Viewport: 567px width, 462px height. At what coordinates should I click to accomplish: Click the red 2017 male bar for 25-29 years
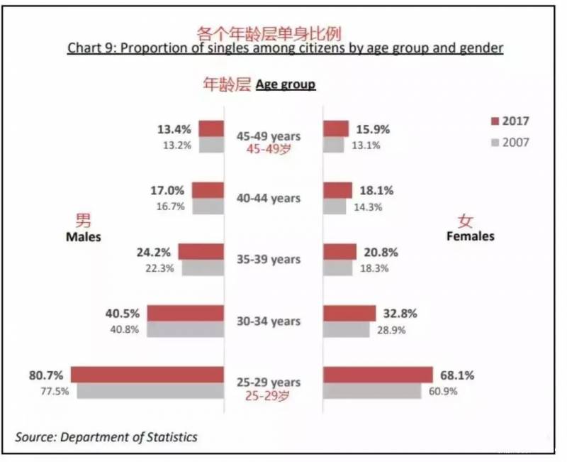[x=147, y=375]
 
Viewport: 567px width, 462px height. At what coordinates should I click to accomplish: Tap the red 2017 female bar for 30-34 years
[x=349, y=314]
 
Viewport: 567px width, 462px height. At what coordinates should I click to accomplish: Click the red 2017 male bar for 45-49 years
[x=211, y=128]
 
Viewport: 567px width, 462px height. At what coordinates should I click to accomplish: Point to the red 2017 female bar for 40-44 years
[x=337, y=190]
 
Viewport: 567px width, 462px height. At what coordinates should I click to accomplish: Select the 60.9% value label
[x=439, y=391]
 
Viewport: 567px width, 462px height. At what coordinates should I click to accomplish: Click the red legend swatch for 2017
[x=495, y=121]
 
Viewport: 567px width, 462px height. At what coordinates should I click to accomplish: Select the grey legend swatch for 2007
[x=495, y=142]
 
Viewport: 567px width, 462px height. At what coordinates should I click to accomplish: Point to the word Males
[x=84, y=237]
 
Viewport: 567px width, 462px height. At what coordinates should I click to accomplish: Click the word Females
[x=470, y=236]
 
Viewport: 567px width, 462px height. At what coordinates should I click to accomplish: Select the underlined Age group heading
[x=286, y=85]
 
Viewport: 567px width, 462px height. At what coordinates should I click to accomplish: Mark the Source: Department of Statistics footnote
[x=106, y=437]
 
